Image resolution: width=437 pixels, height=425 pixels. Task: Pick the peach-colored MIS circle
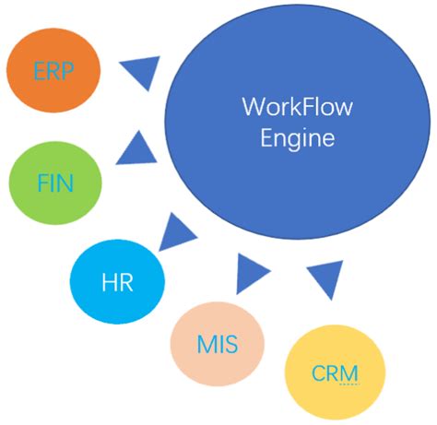click(x=217, y=344)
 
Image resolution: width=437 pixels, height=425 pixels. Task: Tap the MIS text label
click(x=218, y=348)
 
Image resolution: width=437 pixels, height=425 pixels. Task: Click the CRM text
click(x=335, y=373)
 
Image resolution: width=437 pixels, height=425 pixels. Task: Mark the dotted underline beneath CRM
click(x=348, y=386)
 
